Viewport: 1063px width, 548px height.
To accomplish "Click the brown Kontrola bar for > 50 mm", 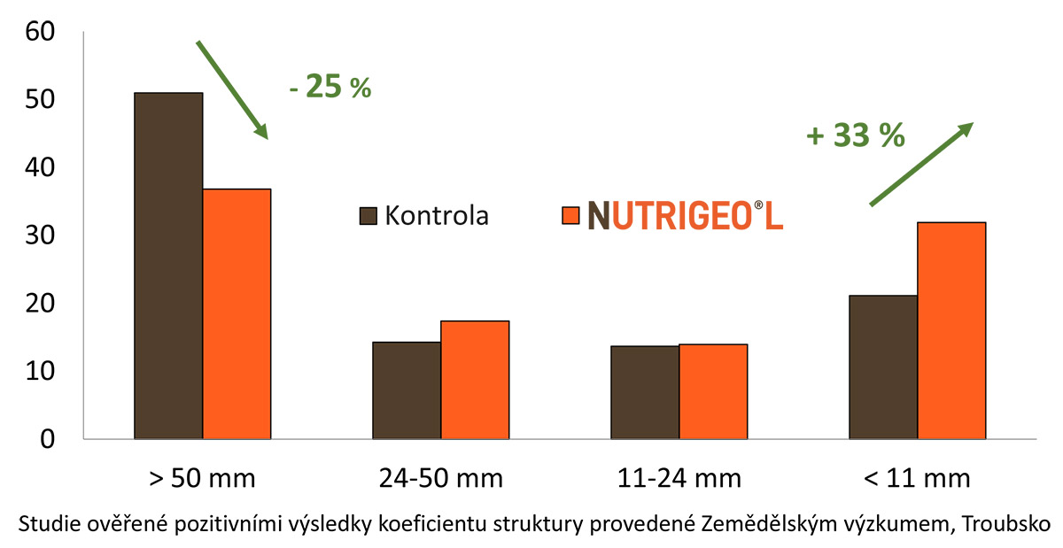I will click(168, 266).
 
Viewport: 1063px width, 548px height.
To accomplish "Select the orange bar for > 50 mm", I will click(237, 314).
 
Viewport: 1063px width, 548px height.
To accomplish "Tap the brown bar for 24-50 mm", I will click(407, 390).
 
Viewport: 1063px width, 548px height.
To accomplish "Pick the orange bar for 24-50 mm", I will click(475, 380).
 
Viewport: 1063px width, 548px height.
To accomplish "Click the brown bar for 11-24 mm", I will click(645, 392).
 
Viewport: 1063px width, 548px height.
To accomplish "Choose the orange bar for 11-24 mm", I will click(713, 391).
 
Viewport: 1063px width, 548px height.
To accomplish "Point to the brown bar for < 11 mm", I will click(883, 367).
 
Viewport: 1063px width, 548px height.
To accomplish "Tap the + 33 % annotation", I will click(856, 136).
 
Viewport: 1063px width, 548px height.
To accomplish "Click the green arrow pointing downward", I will click(232, 89).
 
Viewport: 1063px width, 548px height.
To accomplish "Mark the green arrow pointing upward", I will click(921, 164).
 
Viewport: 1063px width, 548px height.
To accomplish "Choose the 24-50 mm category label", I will click(440, 480).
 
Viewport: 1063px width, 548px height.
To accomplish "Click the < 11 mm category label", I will click(917, 480).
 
